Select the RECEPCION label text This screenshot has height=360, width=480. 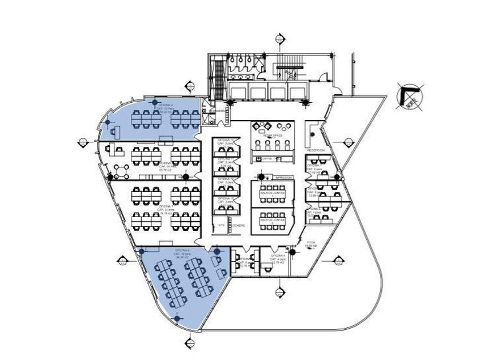[316, 150]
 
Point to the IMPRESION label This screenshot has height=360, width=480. [283, 178]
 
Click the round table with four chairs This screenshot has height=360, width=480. [122, 170]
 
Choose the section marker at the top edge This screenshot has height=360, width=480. [279, 39]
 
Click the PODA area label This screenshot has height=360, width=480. [311, 243]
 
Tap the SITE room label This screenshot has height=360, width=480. [222, 225]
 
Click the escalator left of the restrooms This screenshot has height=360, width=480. [219, 79]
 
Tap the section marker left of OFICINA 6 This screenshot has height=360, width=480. [122, 261]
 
